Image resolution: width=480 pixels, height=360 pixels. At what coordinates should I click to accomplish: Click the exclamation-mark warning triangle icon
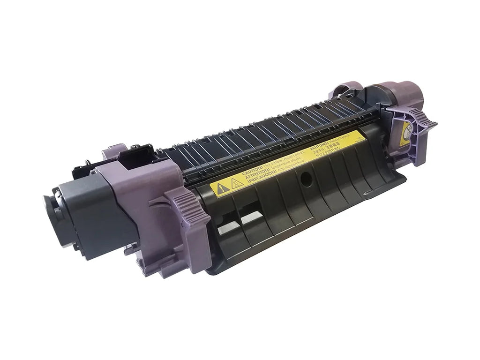point(220,188)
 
